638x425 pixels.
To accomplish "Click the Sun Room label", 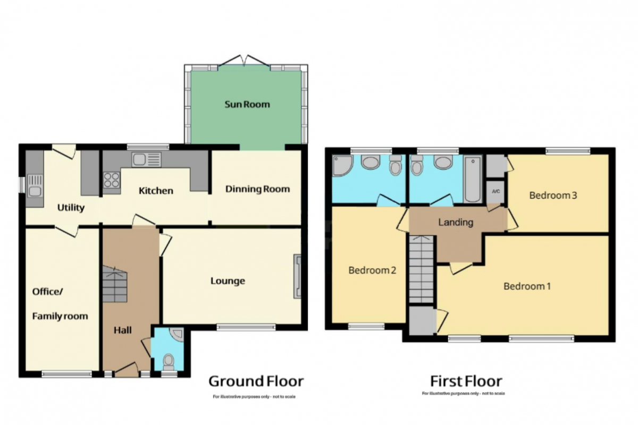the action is click(247, 105).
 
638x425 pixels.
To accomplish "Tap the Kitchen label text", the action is click(156, 191).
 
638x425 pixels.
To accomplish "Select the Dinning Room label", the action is click(257, 189).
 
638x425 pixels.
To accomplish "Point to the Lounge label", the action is click(228, 281).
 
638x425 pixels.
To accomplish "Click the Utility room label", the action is click(71, 208).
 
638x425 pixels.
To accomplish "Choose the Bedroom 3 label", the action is click(553, 195).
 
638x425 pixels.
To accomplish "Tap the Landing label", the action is click(456, 222).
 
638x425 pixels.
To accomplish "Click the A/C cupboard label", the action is click(496, 191).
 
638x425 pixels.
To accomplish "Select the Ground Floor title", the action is click(256, 381).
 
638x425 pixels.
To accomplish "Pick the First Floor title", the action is click(466, 381).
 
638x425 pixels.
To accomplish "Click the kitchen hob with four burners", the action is click(112, 180).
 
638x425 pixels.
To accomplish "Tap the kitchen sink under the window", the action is click(146, 160).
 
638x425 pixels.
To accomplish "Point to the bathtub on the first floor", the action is click(472, 179).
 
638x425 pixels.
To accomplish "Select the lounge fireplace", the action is click(297, 276).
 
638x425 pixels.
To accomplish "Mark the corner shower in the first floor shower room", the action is click(342, 165).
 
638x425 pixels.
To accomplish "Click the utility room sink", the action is click(35, 186).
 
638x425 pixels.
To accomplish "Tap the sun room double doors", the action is click(244, 61).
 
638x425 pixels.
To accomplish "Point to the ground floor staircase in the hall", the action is click(114, 284).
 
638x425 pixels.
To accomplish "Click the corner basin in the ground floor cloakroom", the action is click(177, 334).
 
